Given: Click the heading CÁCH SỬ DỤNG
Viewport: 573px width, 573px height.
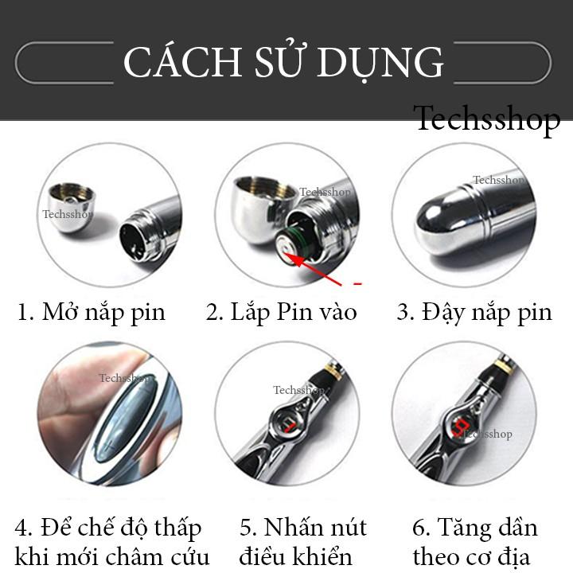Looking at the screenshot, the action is tap(283, 61).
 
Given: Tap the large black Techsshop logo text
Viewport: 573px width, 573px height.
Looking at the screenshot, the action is tap(488, 118).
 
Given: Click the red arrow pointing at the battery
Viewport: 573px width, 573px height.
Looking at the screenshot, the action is tap(313, 269).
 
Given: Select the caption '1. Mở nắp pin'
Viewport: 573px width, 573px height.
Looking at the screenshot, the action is tap(92, 313).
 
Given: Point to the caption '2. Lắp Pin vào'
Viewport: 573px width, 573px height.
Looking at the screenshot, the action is tap(281, 313).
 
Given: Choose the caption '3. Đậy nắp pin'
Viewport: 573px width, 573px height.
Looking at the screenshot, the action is tap(474, 313).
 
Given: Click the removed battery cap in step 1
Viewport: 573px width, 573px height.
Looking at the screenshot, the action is tap(72, 206).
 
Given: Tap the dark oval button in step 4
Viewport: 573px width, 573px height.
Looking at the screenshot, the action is tap(125, 419).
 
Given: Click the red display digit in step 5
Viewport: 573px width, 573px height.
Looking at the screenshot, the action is tap(290, 423).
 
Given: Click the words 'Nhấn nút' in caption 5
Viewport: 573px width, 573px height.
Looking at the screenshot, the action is tap(315, 528).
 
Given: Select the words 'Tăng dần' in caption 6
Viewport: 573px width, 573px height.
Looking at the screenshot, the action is tap(488, 528).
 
